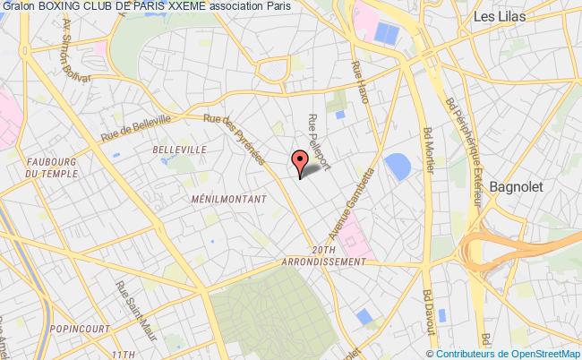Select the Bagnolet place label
point(518,187)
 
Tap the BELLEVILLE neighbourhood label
point(180,150)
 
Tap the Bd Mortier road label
point(428,149)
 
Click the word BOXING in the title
point(67,7)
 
